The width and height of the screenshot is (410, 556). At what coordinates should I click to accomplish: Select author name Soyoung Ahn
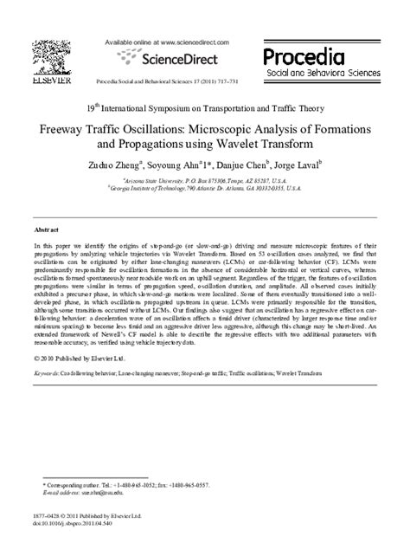(x=196, y=185)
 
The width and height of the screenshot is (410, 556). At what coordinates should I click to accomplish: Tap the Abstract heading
(x=46, y=232)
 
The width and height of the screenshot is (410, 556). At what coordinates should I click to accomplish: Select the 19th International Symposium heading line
(x=205, y=108)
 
